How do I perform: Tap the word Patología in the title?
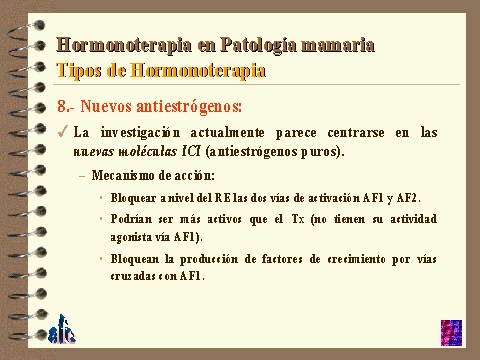(258, 45)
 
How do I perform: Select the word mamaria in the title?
(338, 45)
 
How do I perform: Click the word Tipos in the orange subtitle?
(79, 71)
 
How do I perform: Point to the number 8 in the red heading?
(62, 107)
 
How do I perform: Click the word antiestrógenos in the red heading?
(188, 107)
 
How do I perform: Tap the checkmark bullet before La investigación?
(63, 132)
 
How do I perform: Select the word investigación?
(140, 133)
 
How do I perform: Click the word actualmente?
(228, 133)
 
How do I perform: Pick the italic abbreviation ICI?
(191, 151)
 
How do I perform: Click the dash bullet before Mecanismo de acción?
(82, 176)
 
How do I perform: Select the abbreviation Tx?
(298, 219)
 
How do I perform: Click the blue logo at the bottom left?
(62, 330)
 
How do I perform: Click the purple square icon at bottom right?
(451, 333)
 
